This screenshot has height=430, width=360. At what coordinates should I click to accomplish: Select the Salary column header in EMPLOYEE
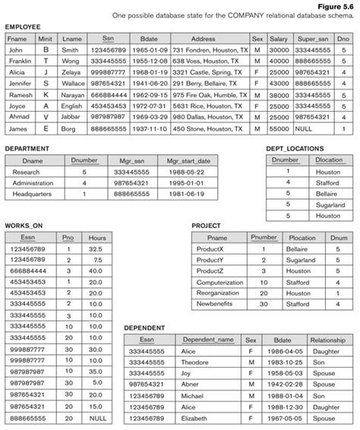[279, 37]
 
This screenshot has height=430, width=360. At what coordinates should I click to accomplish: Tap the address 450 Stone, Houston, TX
[209, 129]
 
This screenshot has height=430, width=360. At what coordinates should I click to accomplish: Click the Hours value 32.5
[96, 248]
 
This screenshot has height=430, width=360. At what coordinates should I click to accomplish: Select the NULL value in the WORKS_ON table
[96, 419]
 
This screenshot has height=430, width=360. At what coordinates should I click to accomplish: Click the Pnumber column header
[264, 238]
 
